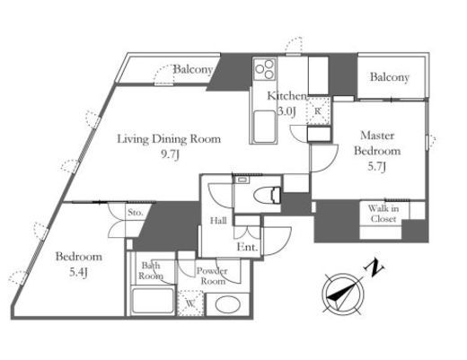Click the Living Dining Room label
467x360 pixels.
(169, 139)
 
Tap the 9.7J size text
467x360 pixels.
(170, 154)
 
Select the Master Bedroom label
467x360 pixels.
(377, 143)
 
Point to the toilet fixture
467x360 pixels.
(268, 196)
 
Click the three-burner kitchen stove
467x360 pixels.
(264, 69)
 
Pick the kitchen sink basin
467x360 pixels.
(264, 127)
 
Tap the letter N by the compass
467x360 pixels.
(374, 268)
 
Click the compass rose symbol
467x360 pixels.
(343, 294)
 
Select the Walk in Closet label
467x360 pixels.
(383, 214)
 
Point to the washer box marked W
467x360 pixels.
(190, 303)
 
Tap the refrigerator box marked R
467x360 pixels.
(319, 110)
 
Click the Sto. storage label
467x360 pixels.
(136, 213)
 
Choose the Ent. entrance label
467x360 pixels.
(247, 247)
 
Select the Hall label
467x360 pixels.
(218, 221)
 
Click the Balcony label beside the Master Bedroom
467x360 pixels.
(390, 77)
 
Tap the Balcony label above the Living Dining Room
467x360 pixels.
(193, 69)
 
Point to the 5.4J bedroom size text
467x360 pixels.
(78, 272)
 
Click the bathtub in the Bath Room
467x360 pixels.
(153, 301)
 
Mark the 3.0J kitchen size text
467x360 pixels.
(286, 111)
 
